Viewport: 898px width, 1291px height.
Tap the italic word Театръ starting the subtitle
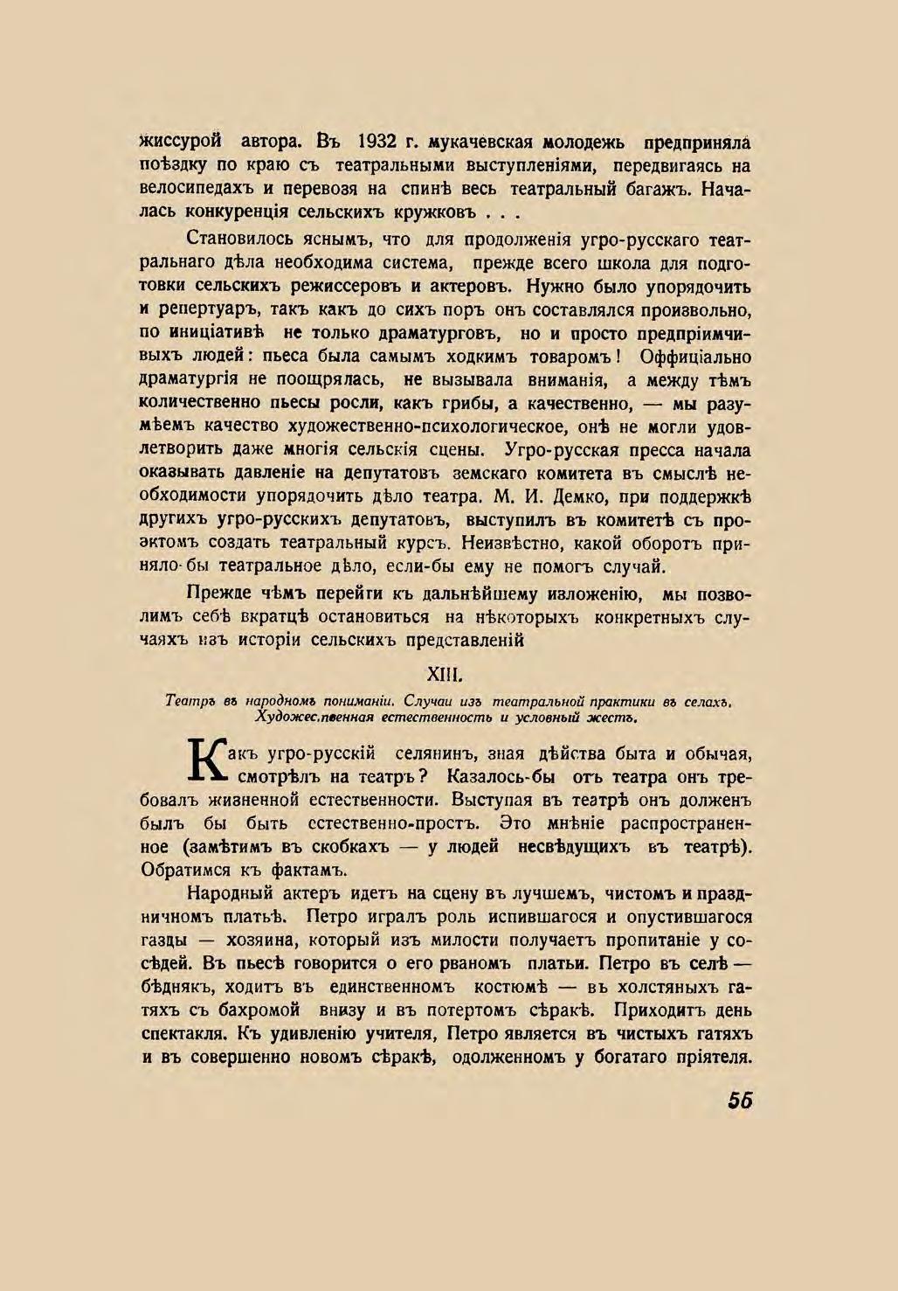click(190, 701)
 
